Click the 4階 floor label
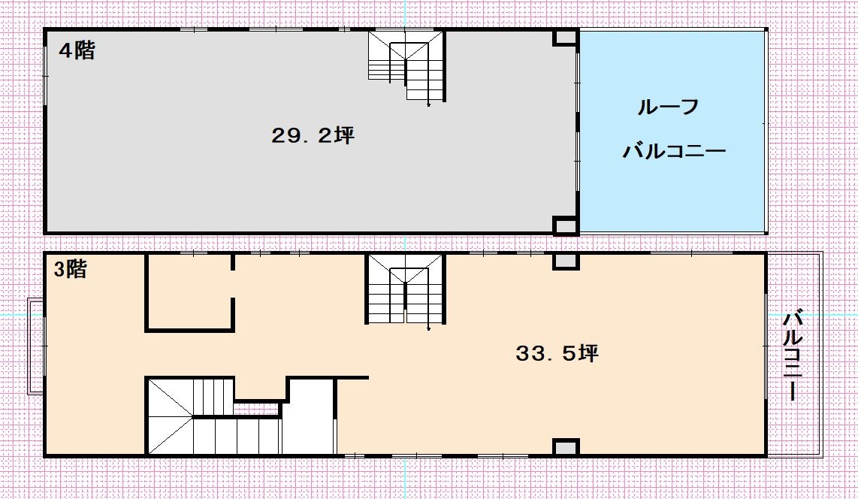click(x=77, y=51)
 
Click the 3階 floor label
click(x=70, y=269)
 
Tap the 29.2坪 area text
click(x=313, y=135)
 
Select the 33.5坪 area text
click(x=557, y=353)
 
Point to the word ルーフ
click(x=669, y=107)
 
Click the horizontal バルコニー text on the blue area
click(x=674, y=150)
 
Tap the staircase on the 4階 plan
click(x=406, y=66)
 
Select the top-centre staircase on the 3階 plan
click(x=405, y=289)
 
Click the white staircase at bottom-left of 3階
click(x=213, y=416)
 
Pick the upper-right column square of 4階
click(x=566, y=38)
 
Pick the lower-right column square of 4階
click(x=566, y=225)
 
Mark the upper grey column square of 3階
click(x=566, y=262)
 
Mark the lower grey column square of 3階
click(x=566, y=447)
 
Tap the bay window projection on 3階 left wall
click(x=35, y=346)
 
